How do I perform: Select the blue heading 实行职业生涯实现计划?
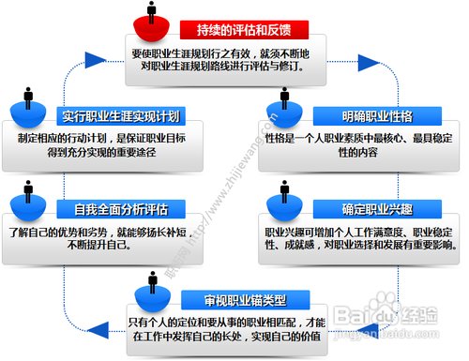[x=121, y=116]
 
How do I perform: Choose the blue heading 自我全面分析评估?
[x=121, y=206]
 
